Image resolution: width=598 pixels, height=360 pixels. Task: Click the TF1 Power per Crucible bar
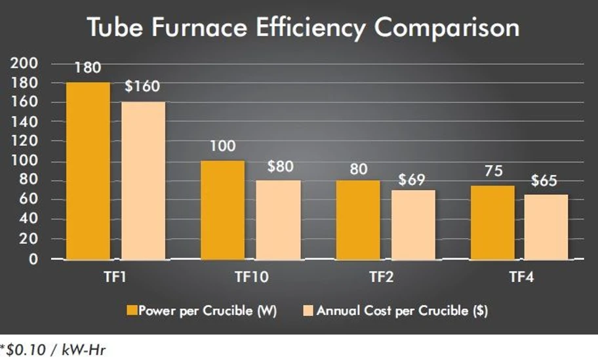pos(88,170)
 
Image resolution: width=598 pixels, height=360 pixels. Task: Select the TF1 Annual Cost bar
pos(143,180)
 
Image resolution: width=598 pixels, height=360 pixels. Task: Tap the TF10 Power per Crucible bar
pos(222,210)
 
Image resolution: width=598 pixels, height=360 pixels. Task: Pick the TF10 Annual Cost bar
pos(278,220)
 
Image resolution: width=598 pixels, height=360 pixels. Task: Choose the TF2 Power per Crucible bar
pos(357,220)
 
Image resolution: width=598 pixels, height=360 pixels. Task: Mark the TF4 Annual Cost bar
pos(546,226)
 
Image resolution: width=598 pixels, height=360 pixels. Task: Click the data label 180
pos(88,69)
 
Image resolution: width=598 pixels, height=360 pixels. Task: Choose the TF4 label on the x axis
pos(520,277)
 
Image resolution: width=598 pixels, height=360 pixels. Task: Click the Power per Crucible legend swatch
pos(132,310)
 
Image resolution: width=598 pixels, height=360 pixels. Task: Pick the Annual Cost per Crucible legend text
pos(402,310)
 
